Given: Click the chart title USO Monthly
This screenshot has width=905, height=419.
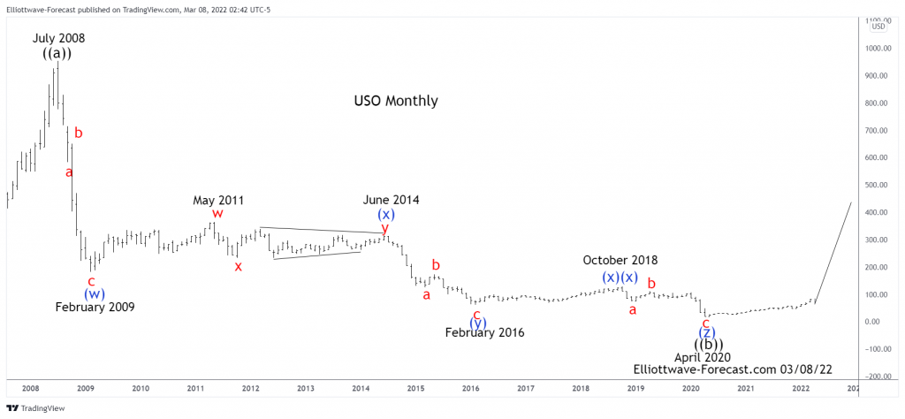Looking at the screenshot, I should point(395,101).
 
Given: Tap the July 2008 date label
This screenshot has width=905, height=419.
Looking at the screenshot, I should point(59,38).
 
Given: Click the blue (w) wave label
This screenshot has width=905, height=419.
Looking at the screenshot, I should point(95,293).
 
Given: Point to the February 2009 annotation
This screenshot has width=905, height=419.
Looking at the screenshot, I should point(95,308).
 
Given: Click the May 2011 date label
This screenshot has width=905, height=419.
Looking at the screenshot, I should point(218,201).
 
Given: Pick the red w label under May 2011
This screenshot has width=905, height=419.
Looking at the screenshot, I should point(217,214).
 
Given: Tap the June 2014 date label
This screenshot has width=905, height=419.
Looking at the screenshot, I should point(391,200).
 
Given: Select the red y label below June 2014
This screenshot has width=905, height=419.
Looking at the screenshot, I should point(384,228).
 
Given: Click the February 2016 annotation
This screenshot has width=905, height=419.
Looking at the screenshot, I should point(484,333).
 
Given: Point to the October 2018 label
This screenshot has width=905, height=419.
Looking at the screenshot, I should point(620,260).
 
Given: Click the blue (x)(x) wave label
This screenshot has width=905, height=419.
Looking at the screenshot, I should point(620,277).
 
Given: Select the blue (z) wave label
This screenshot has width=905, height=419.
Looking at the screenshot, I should point(707,332).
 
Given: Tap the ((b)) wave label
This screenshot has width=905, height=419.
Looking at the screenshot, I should point(708,345).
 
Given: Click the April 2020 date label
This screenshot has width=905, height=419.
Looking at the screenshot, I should point(702,358).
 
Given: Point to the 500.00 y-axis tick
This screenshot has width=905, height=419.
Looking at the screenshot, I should point(878,185).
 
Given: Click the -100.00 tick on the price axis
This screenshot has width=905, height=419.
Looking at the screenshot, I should point(877,348).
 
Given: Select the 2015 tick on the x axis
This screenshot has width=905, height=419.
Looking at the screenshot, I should point(415,388).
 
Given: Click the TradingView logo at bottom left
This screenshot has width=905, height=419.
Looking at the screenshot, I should point(27,409).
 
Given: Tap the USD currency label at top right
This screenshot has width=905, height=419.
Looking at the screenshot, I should point(878,26).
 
